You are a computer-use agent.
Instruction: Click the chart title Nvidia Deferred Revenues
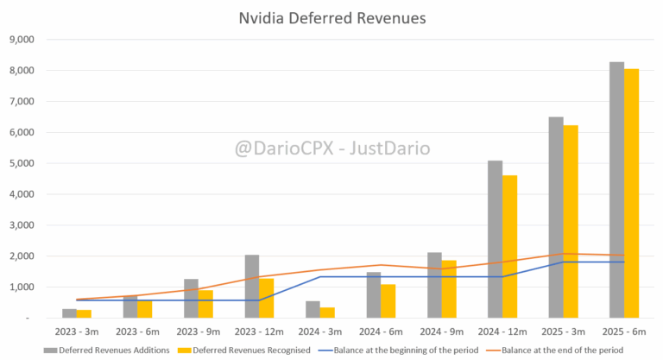coord(331,17)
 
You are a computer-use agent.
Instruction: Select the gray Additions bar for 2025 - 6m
coord(616,190)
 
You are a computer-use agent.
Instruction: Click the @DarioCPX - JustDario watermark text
coord(332,148)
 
